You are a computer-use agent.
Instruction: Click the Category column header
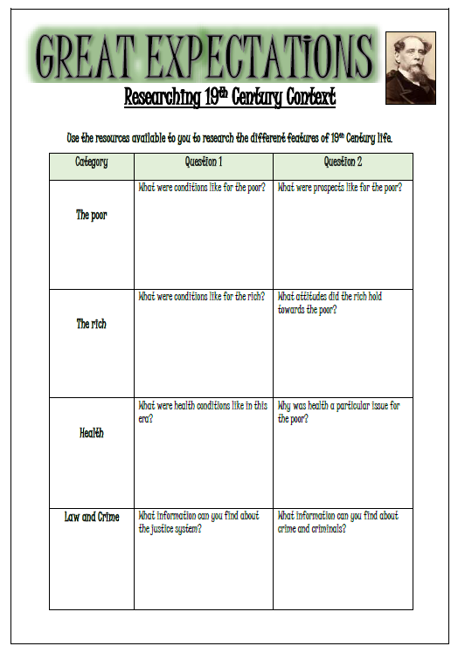click(92, 162)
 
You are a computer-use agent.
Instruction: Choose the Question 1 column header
click(204, 162)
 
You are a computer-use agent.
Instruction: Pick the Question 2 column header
click(343, 162)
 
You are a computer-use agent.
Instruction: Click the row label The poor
click(92, 215)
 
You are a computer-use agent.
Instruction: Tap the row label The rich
click(92, 324)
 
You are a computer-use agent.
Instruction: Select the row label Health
click(92, 432)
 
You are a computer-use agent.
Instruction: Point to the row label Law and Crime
click(92, 517)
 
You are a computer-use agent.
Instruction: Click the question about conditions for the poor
click(202, 188)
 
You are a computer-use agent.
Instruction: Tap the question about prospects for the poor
click(340, 188)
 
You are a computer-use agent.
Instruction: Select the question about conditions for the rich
click(202, 297)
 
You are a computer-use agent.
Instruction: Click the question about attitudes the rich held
click(330, 303)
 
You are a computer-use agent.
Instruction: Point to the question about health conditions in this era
click(203, 412)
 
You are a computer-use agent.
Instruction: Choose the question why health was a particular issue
click(339, 412)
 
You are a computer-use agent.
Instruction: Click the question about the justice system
click(199, 522)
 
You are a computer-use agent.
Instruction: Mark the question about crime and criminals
click(338, 522)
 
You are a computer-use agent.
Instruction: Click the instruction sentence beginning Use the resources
click(230, 138)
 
